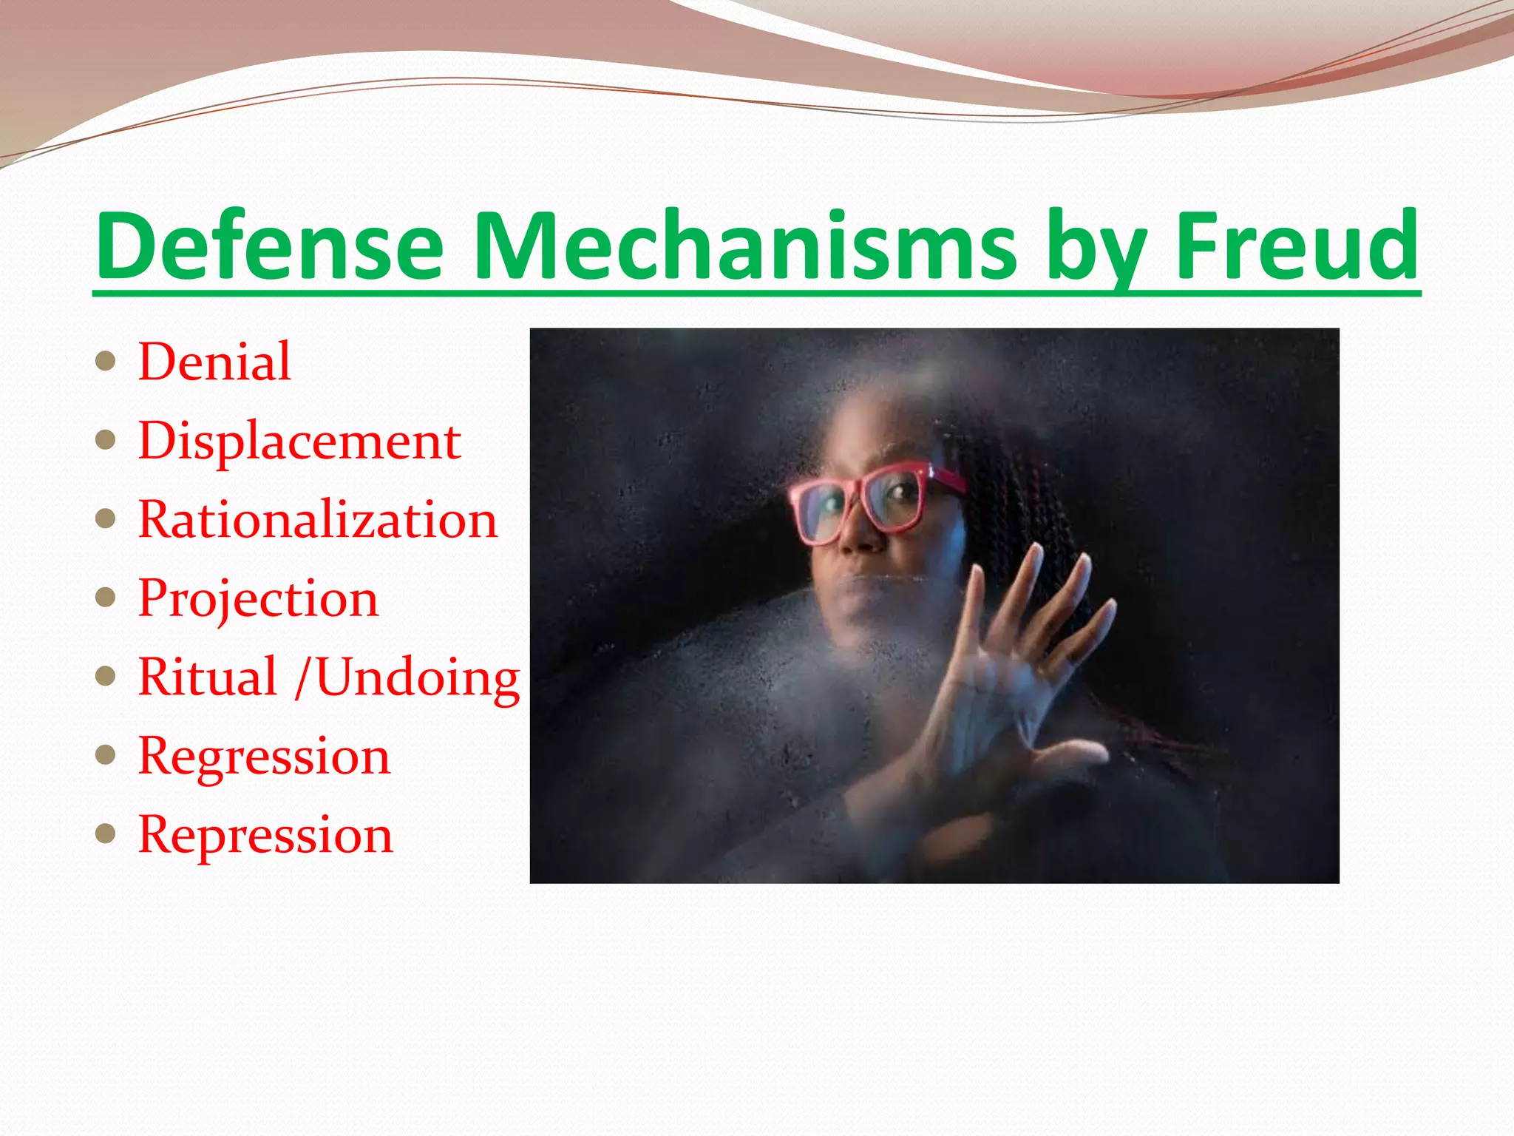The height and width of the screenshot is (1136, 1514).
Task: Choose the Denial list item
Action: [x=214, y=362]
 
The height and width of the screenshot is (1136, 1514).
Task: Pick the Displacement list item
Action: [x=299, y=442]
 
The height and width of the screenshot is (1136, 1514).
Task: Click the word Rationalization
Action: [x=318, y=520]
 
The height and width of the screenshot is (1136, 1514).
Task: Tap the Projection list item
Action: [x=258, y=599]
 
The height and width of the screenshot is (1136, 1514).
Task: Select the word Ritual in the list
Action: [x=208, y=677]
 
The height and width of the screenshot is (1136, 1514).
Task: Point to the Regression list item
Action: [x=264, y=757]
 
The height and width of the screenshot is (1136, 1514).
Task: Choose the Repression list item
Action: [x=265, y=836]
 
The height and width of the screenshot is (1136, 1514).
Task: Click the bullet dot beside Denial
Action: [x=106, y=362]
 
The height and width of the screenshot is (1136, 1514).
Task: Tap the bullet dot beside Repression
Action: [x=106, y=834]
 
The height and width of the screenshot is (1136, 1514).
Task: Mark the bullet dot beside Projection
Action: [x=106, y=598]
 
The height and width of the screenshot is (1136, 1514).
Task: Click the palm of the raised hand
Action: [x=991, y=710]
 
